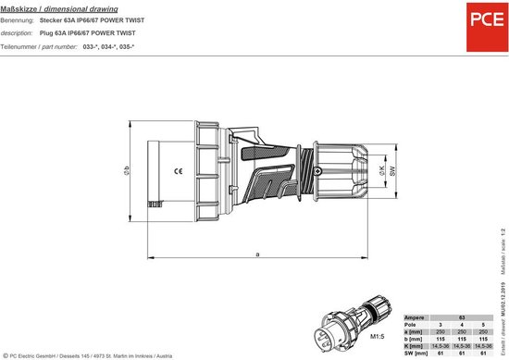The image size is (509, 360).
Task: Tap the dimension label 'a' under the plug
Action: point(256,253)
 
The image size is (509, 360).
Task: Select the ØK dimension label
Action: point(382,172)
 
